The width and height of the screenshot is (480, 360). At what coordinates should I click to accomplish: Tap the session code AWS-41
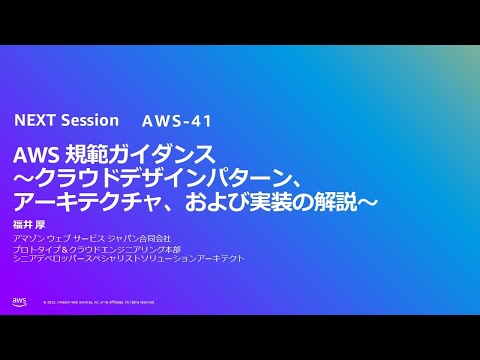point(177,122)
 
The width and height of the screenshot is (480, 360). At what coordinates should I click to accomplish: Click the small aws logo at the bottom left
point(20,301)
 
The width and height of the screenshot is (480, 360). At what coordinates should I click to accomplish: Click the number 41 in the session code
point(200,122)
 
